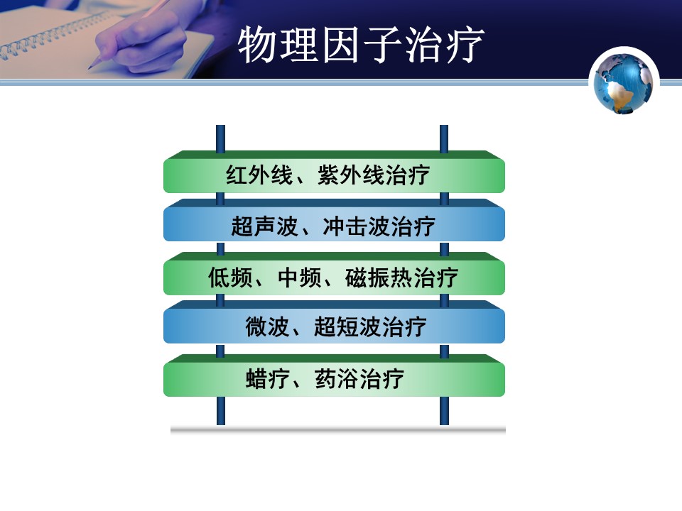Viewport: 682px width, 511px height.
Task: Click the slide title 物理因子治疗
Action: coord(361,44)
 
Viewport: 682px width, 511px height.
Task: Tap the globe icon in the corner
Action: coord(623,82)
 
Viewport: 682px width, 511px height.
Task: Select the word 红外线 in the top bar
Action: coord(259,175)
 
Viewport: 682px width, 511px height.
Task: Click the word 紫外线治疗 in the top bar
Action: coord(374,175)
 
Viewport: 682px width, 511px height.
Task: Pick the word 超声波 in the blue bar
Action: coord(264,226)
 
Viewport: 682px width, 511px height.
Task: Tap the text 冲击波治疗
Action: coord(379,226)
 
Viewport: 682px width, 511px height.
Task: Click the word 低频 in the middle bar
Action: coord(230,278)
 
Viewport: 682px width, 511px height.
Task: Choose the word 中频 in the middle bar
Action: coord(299,278)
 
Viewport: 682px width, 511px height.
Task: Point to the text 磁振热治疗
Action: coord(401,278)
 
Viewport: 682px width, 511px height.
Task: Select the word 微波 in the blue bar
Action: coord(267,326)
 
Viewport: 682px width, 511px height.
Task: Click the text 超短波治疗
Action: coord(370,326)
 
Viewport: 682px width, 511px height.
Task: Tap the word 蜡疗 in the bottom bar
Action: coord(268,378)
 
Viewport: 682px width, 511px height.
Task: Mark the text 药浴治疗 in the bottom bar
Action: coord(359,378)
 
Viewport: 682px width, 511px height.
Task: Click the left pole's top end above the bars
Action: coord(220,126)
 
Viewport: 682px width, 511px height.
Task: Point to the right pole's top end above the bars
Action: coord(444,126)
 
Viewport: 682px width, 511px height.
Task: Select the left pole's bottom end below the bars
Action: coord(221,424)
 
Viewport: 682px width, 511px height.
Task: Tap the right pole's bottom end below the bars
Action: coord(444,424)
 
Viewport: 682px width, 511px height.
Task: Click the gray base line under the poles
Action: coord(338,430)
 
